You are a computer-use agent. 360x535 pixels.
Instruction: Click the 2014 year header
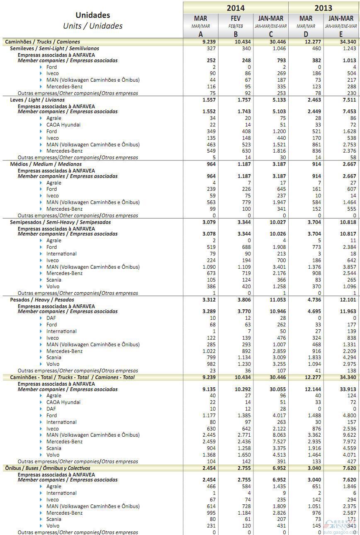coord(235,8)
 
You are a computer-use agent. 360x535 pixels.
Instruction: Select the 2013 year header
coord(324,8)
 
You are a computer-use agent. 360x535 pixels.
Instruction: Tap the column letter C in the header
coord(270,34)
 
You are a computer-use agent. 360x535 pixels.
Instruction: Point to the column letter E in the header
coord(341,34)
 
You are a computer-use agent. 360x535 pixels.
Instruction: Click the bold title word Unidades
coord(92,15)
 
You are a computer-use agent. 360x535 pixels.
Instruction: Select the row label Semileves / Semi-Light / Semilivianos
coord(54,49)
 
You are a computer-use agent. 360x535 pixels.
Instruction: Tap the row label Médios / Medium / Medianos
coord(46,164)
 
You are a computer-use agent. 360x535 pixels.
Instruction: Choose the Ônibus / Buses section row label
coord(47,468)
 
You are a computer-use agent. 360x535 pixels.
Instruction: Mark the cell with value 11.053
coord(276,299)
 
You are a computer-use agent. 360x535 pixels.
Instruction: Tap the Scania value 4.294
coord(349,357)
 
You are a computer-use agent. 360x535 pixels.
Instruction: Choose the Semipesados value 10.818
coord(347,222)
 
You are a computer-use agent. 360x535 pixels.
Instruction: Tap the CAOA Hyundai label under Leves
coord(63,125)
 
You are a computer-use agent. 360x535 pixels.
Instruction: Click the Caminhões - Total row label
coord(70,377)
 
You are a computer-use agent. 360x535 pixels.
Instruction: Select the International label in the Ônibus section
coord(61,493)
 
